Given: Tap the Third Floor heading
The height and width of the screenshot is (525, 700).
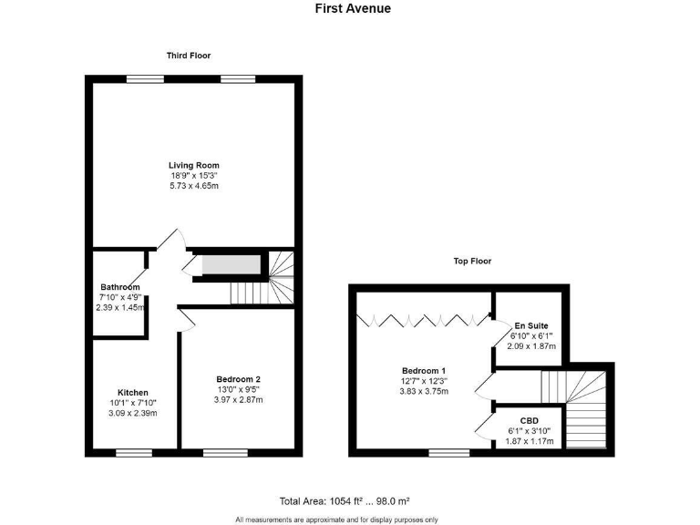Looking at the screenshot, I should pos(189,56).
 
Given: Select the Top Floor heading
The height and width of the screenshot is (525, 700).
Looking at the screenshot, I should pos(472,261).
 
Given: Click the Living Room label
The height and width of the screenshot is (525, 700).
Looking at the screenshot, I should pos(193,164).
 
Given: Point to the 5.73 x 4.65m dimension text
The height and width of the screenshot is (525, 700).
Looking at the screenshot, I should pos(193,185).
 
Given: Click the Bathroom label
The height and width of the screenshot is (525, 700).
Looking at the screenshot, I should pos(120,287).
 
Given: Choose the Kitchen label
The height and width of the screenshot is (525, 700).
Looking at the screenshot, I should pos(133,393).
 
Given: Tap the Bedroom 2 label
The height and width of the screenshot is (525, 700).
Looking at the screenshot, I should pos(239,379).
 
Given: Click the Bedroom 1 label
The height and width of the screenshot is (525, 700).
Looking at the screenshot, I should pos(424,370).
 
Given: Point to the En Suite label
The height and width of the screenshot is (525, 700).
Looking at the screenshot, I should pos(530,325).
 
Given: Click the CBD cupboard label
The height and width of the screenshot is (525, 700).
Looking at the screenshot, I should pos(530,421).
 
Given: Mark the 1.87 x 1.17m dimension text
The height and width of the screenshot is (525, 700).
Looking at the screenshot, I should pos(530,442).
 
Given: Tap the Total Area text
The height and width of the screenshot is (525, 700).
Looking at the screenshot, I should pos(345,501).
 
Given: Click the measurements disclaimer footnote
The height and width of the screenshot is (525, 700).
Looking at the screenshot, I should pos(336,520).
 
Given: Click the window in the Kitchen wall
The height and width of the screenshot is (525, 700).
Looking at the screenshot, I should pos(134,452).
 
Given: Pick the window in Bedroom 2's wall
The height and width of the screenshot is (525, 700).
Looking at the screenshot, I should pos(224,452).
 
